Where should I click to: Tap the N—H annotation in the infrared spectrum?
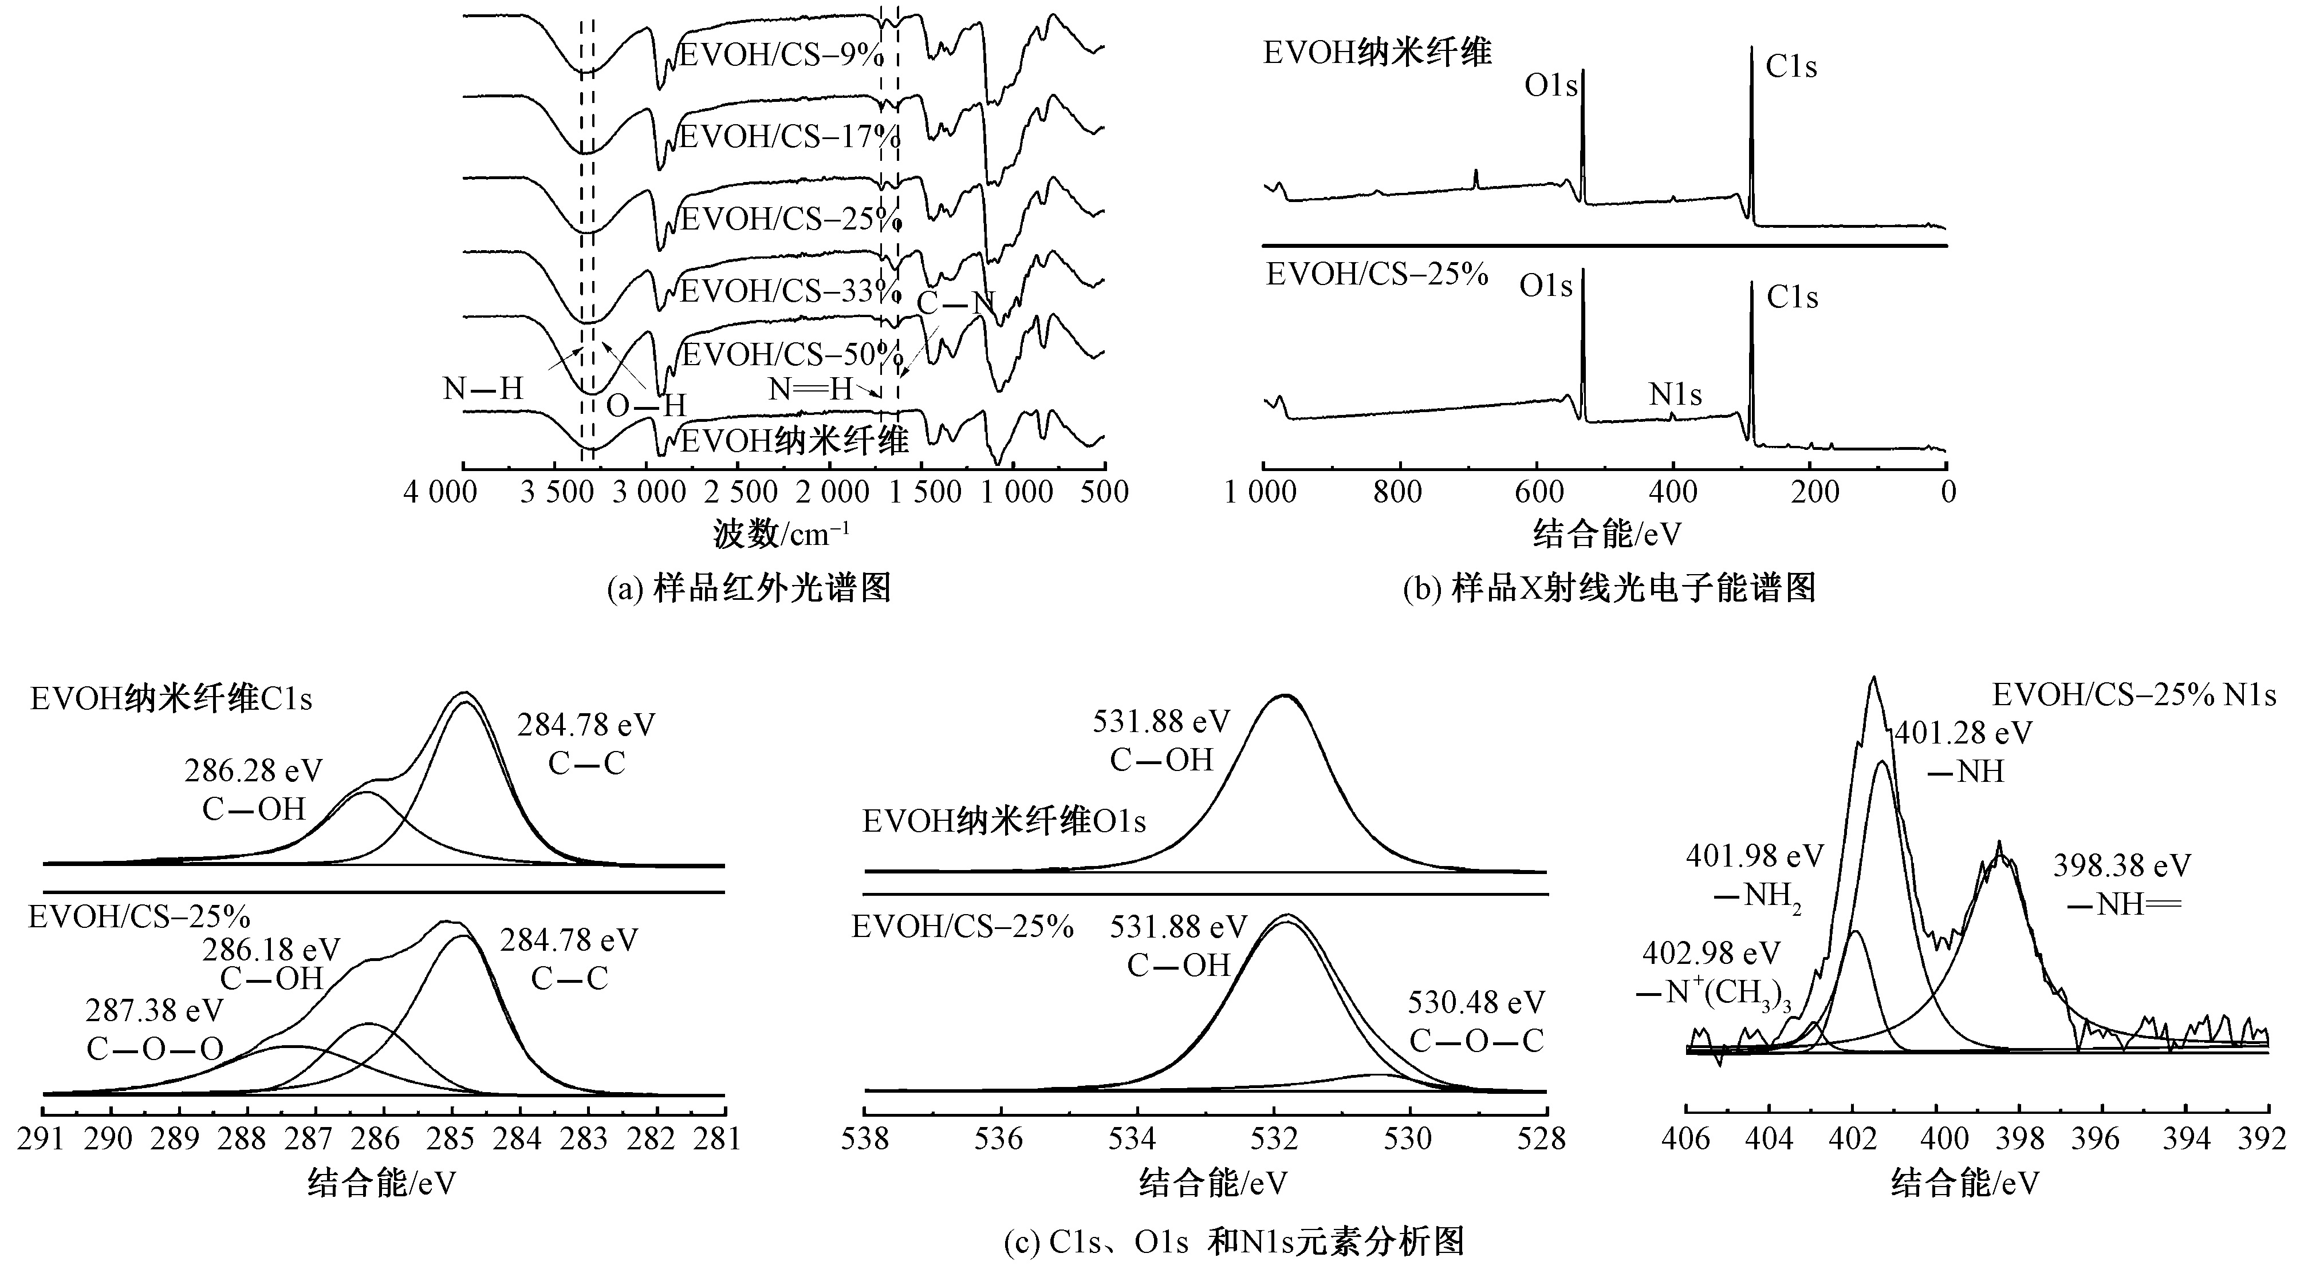[483, 389]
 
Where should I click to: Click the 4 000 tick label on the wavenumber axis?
[440, 493]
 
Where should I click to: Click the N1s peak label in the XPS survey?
[1675, 394]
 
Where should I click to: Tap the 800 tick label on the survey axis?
[1397, 493]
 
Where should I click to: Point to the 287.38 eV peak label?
[155, 1011]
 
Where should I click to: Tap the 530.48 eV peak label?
[1476, 1002]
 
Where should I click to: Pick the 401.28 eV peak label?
[1963, 734]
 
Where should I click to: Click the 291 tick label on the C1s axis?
[43, 1140]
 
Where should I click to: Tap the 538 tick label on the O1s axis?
[864, 1140]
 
